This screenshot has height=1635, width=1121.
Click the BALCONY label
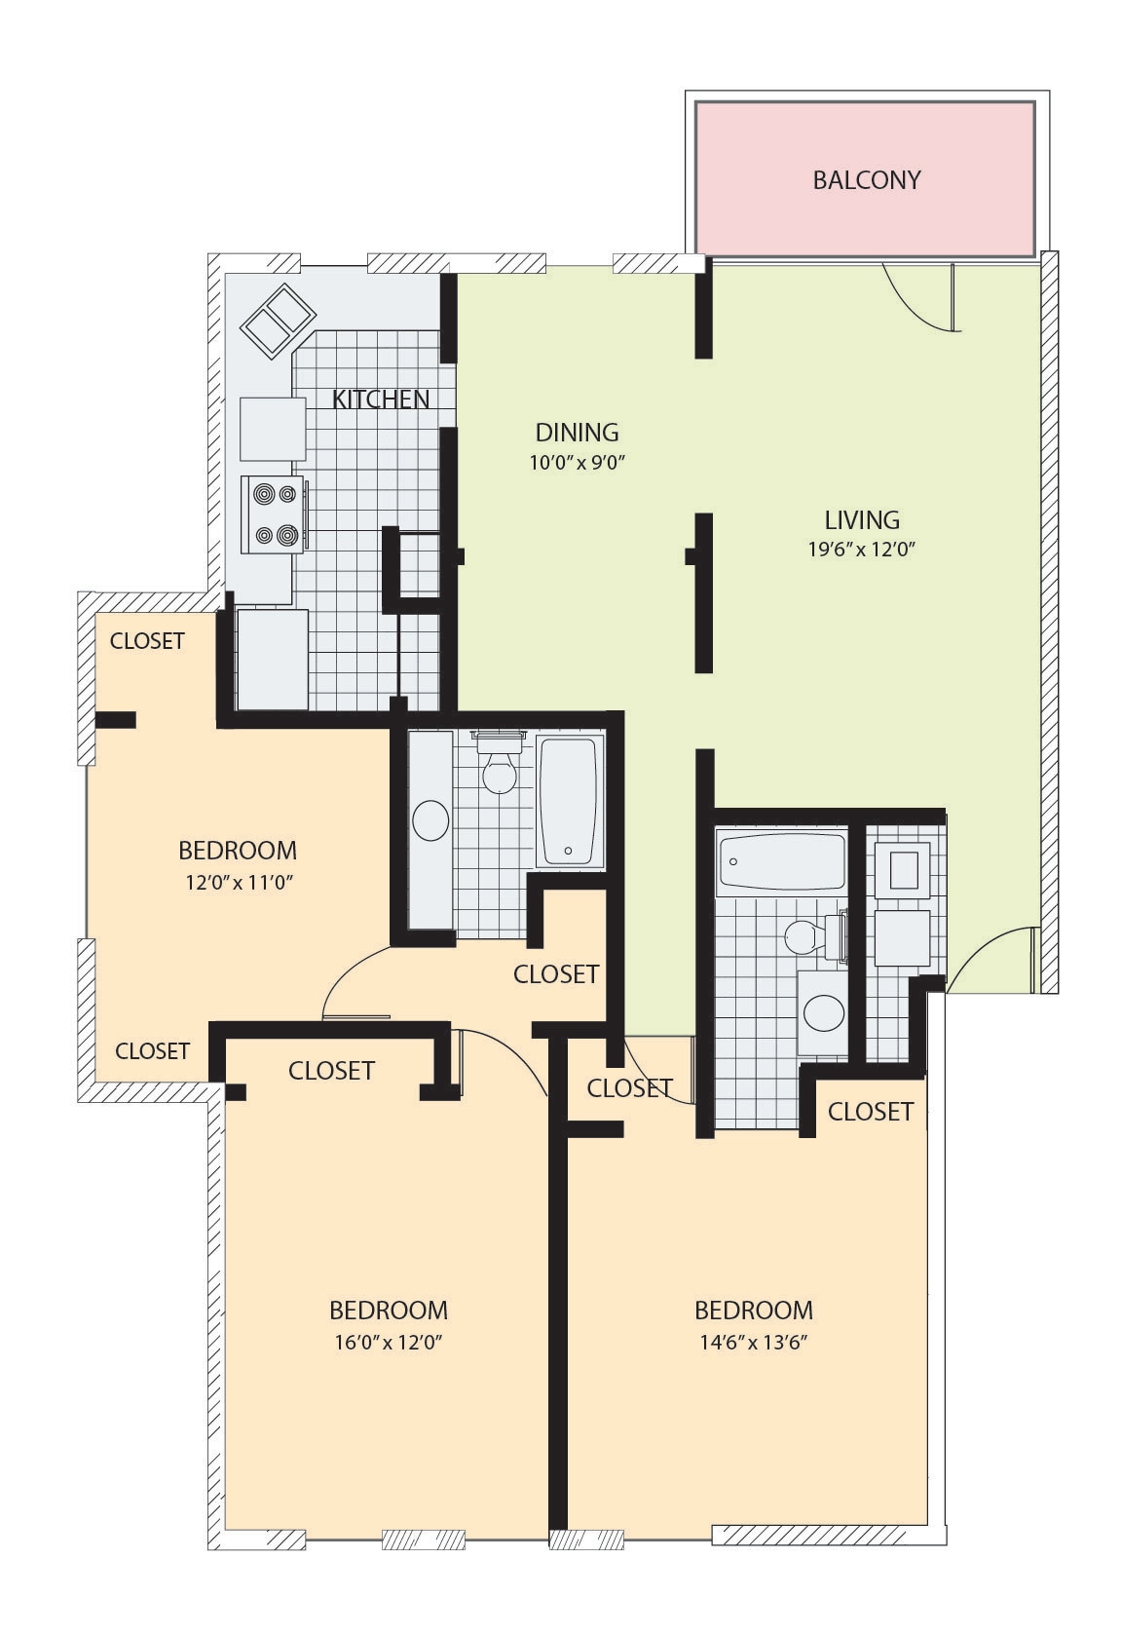coord(866,180)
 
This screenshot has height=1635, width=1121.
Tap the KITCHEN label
coord(381,399)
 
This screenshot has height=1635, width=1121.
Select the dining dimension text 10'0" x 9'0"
coord(576,463)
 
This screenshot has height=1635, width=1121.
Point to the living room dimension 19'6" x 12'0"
coord(861,550)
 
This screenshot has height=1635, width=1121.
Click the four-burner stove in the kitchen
coord(273,514)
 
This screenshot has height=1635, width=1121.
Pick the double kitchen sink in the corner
coord(278,321)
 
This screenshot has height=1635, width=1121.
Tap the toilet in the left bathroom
coord(499,770)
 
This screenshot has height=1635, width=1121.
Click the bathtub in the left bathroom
coord(569,802)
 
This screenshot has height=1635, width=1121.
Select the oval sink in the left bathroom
coord(430,820)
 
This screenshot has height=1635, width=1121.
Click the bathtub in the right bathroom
coord(781,860)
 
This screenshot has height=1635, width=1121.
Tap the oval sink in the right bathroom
coord(824,1012)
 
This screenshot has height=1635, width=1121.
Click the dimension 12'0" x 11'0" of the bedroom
coord(237,883)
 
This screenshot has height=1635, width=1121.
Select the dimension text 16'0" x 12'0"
coord(389,1342)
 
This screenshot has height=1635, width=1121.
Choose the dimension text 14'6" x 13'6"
coord(754,1342)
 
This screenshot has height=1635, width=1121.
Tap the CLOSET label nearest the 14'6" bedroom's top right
coord(870,1112)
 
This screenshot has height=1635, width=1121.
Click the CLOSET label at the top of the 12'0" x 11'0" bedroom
coord(147,641)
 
